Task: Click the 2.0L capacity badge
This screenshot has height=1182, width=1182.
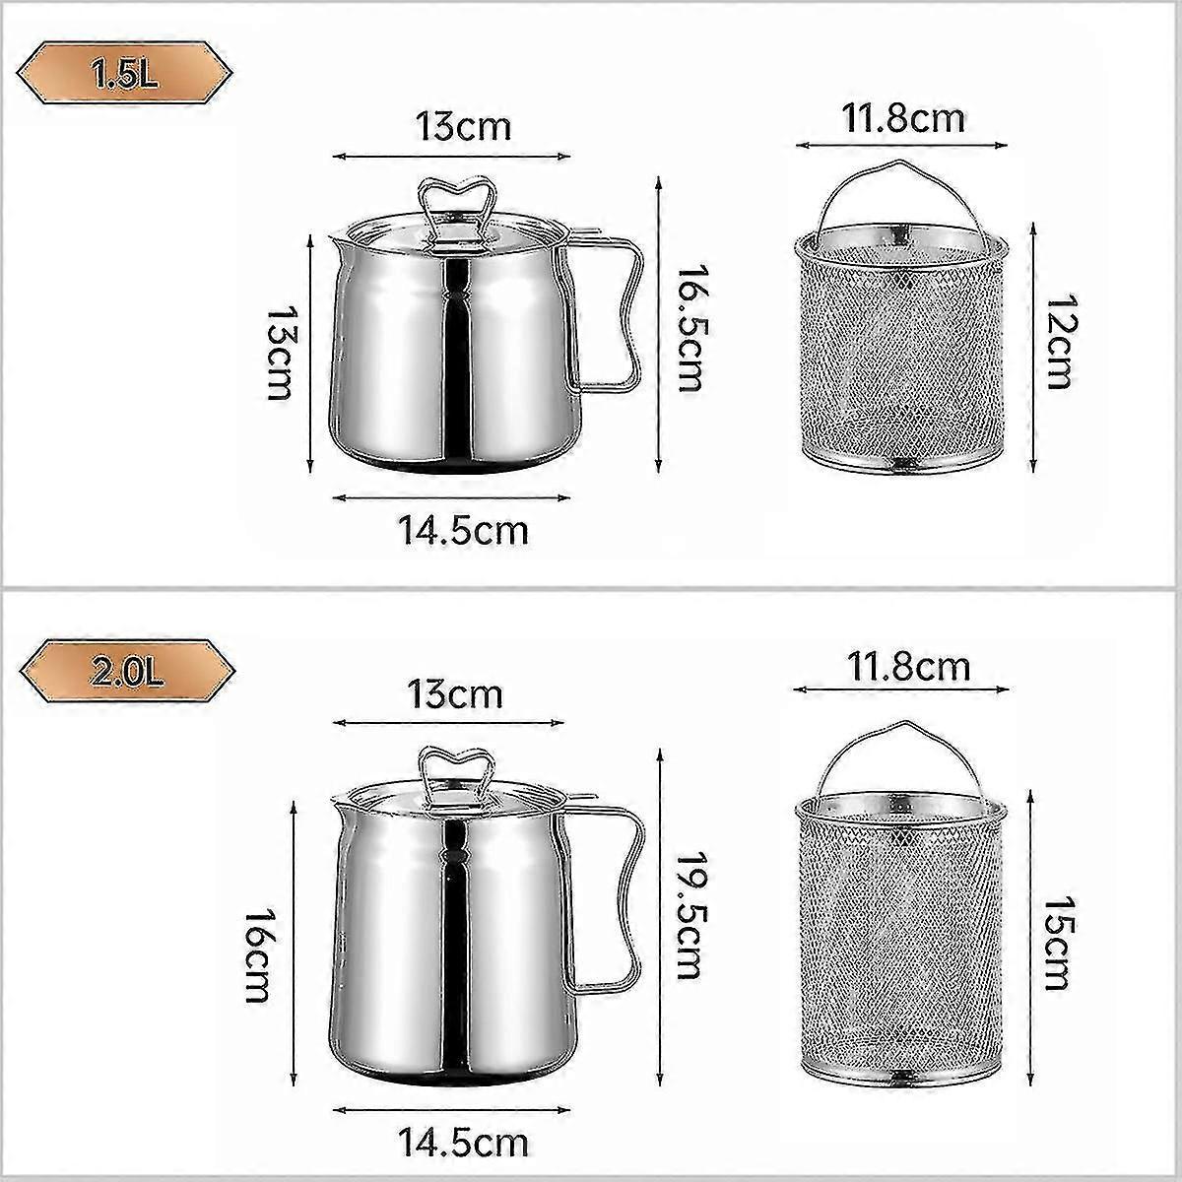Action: click(x=124, y=673)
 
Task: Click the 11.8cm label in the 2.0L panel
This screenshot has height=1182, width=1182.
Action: click(x=909, y=667)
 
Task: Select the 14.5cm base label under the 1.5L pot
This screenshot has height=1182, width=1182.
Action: click(x=463, y=531)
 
